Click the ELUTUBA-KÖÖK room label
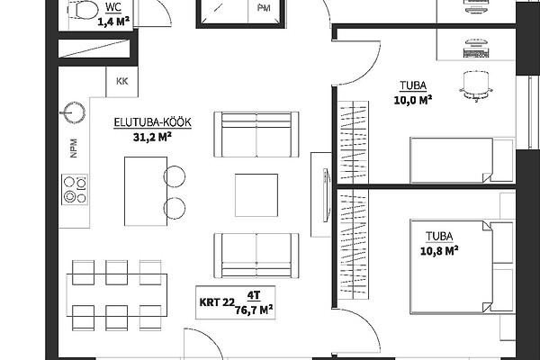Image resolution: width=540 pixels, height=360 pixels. pyautogui.click(x=153, y=122)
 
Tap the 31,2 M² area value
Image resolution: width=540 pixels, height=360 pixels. pyautogui.click(x=152, y=137)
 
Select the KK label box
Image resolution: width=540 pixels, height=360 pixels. pyautogui.click(x=121, y=81)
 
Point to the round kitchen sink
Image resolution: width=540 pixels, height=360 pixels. pyautogui.click(x=74, y=112)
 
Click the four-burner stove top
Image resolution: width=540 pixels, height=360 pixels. pyautogui.click(x=75, y=189)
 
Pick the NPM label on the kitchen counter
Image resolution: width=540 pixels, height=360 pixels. pyautogui.click(x=74, y=148)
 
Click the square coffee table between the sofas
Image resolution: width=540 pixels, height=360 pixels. pyautogui.click(x=256, y=195)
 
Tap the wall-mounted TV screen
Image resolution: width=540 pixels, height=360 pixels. pyautogui.click(x=326, y=195)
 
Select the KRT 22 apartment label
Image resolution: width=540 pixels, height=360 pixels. pyautogui.click(x=217, y=302)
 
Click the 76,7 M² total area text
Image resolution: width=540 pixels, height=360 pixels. pyautogui.click(x=254, y=310)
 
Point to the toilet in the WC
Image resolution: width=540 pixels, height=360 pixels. pyautogui.click(x=83, y=9)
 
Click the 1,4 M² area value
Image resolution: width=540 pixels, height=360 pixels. pyautogui.click(x=113, y=22)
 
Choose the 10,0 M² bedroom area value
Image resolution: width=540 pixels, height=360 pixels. pyautogui.click(x=413, y=100)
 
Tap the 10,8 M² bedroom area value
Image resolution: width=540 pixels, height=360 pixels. pyautogui.click(x=439, y=250)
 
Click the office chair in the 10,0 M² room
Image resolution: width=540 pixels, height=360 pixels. pyautogui.click(x=476, y=86)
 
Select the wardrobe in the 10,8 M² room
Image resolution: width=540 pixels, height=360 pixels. pyautogui.click(x=353, y=244)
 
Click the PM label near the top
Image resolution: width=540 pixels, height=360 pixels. pyautogui.click(x=264, y=8)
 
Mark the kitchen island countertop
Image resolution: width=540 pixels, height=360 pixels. pyautogui.click(x=146, y=191)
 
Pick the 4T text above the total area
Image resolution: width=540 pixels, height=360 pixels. pyautogui.click(x=254, y=295)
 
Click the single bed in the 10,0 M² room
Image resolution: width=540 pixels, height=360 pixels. pyautogui.click(x=462, y=160)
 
